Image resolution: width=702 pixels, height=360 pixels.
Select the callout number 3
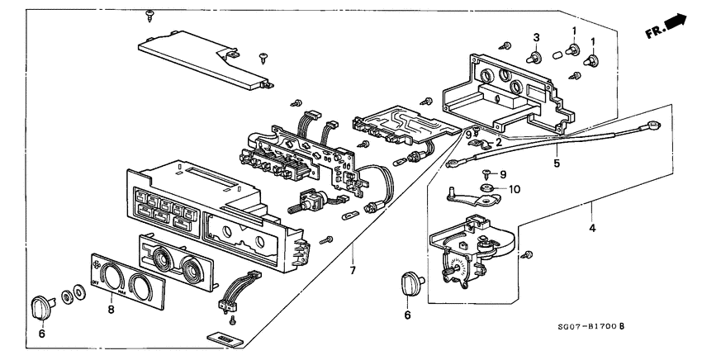click(x=536, y=38)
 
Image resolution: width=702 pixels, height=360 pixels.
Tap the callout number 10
click(x=516, y=189)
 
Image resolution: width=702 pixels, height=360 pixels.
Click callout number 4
click(x=591, y=226)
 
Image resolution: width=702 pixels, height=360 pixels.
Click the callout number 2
click(x=498, y=141)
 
